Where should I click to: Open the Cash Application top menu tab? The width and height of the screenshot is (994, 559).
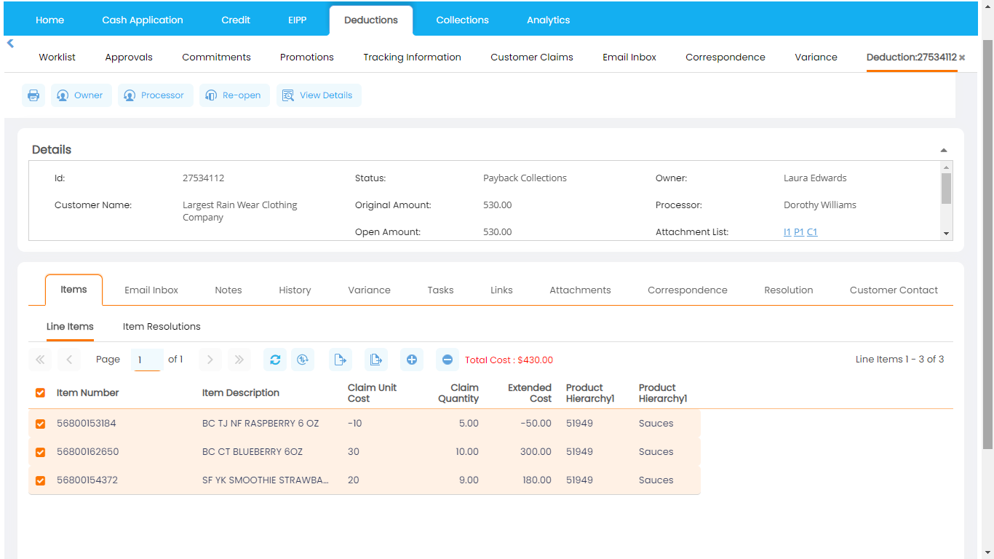143,20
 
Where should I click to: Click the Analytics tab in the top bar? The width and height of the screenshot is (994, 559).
548,20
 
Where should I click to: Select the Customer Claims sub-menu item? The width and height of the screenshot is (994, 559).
532,58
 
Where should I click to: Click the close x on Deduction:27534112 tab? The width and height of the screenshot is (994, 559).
962,58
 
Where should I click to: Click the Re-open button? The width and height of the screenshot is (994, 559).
234,95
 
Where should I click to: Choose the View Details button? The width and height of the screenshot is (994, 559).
319,95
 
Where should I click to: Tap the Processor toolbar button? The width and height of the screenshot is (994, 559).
155,95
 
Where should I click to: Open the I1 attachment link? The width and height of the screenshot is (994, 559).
787,232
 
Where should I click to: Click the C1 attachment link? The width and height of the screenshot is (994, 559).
812,232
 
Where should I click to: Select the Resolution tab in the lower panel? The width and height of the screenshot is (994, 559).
788,290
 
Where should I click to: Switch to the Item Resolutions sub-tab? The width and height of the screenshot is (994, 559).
162,327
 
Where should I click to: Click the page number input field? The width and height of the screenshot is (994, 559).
147,360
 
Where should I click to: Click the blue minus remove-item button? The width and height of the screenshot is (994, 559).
448,360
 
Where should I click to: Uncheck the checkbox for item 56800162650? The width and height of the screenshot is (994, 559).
40,452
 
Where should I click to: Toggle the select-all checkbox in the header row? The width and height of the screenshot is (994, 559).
40,393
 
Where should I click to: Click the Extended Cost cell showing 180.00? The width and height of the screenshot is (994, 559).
536,480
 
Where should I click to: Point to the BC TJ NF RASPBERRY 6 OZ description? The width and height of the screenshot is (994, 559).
261,424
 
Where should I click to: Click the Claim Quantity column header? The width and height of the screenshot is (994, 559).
458,393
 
